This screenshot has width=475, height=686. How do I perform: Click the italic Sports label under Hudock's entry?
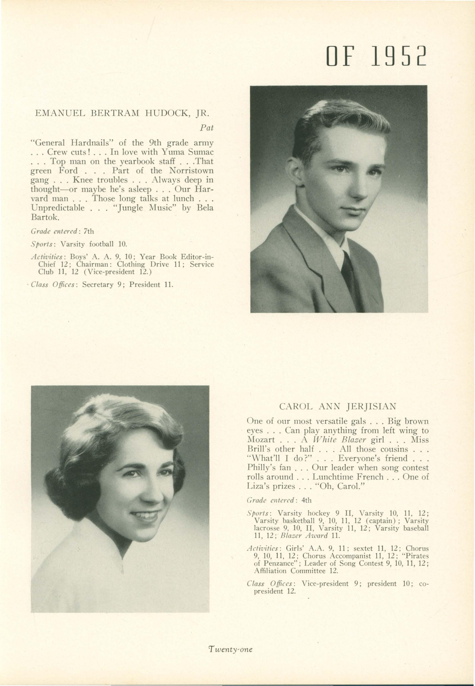(42, 244)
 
